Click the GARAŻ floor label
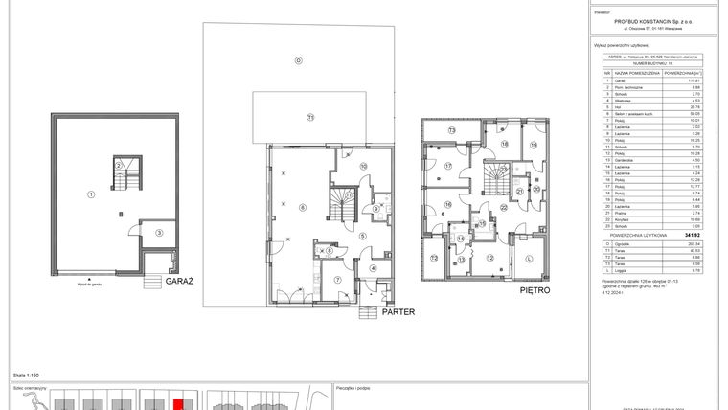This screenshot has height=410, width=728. coord(179,283)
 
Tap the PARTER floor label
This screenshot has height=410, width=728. coord(397,312)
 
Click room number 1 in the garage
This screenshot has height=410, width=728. coord(90,194)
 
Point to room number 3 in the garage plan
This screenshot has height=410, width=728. coord(160,233)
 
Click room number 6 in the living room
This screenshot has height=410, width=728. coord(301,207)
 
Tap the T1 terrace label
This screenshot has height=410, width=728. coord(309,117)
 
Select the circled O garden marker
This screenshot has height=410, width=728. coord(299,60)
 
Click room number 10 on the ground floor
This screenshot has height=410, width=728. coord(363,166)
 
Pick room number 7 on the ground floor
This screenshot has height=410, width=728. coord(337,280)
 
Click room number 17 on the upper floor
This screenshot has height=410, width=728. coord(447,165)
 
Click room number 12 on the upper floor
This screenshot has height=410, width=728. coord(490,259)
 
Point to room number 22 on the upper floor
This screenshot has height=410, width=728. coord(503,206)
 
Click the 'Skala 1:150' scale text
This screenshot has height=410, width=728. coord(26,376)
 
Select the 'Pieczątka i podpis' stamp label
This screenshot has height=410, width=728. coord(355,389)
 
